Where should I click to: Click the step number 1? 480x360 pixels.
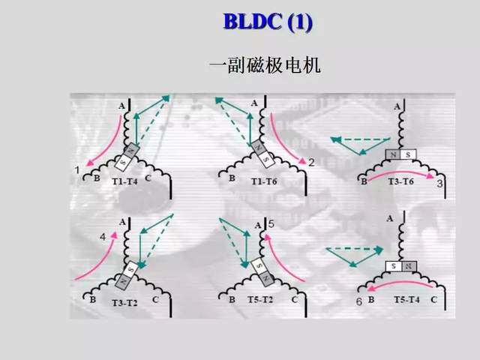click(x=77, y=170)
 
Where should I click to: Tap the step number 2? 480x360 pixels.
click(x=311, y=162)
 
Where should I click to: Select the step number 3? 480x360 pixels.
click(x=439, y=183)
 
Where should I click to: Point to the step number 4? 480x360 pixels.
click(x=103, y=238)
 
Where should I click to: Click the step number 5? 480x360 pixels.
click(x=271, y=223)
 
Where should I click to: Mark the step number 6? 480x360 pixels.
click(x=359, y=301)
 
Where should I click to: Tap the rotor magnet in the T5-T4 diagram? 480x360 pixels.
click(x=401, y=266)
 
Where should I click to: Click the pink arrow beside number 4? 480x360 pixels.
click(x=96, y=258)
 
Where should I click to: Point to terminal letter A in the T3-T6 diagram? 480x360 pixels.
click(x=397, y=107)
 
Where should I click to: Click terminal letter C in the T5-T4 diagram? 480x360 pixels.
click(x=434, y=299)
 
